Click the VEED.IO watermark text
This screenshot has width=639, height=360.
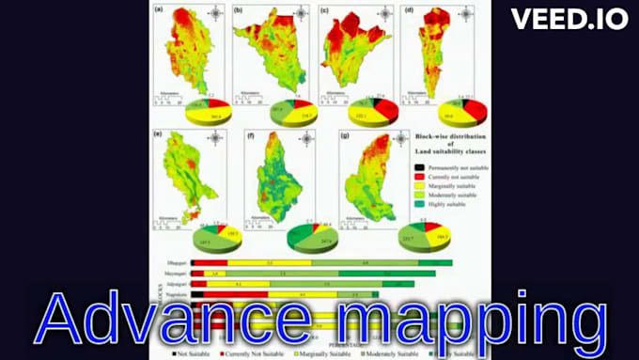(569, 19)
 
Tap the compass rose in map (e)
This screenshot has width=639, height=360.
(215, 141)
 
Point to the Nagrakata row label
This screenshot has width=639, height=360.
(174, 294)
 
